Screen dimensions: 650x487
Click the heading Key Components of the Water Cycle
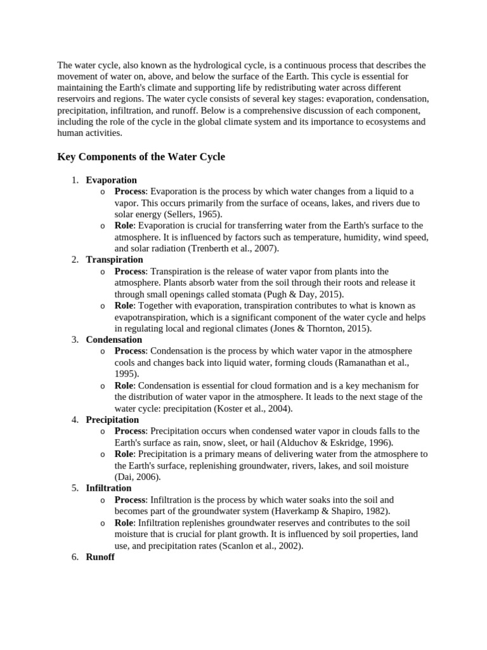141,157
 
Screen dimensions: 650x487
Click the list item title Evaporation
111,180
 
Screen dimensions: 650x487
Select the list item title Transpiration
114,260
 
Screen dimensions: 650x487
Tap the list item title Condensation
114,340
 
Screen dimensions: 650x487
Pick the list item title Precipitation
112,420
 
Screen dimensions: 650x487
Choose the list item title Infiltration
108,488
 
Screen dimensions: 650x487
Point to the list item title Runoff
100,557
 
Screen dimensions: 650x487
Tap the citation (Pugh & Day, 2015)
306,295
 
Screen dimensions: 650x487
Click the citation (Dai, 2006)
138,477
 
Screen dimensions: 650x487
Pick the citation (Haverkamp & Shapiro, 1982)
333,511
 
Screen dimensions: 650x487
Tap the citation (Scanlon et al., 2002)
261,545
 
